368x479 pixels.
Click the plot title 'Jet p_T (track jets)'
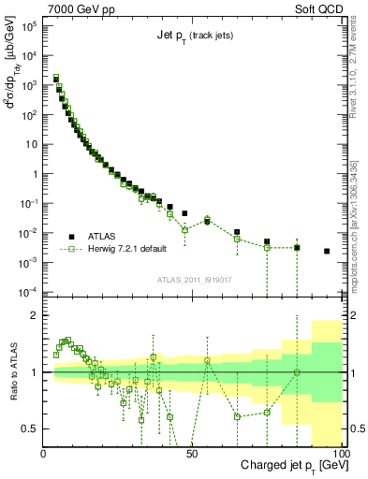pos(193,36)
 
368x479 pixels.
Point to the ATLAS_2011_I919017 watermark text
pos(193,279)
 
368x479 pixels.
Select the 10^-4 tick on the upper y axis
pos(29,291)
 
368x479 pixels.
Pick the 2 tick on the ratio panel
pos(37,315)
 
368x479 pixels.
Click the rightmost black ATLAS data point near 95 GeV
pos(327,251)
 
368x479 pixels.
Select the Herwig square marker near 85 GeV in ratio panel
pos(297,372)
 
